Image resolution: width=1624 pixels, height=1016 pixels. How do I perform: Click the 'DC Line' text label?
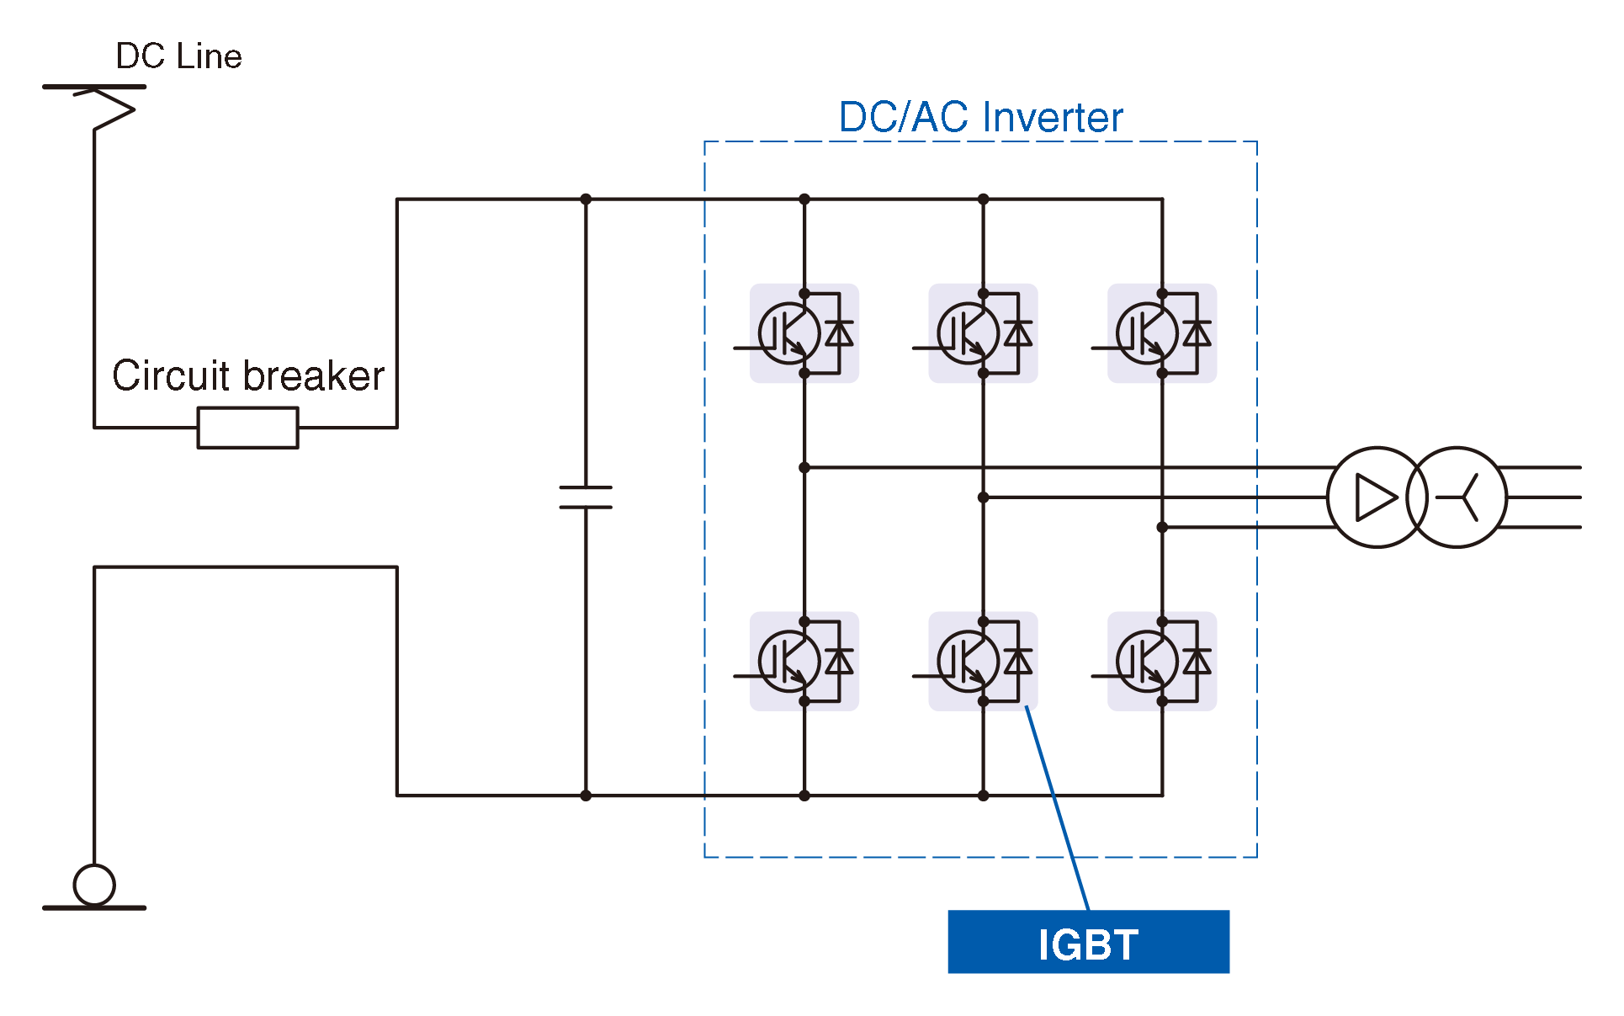178,56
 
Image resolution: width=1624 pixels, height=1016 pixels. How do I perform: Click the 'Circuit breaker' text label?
248,375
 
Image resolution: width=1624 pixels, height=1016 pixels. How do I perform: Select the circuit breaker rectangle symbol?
247,428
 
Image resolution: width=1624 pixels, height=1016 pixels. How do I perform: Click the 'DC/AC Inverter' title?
980,117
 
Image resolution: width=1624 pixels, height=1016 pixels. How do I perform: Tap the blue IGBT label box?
1088,942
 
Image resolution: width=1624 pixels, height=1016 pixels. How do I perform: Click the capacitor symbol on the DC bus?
586,497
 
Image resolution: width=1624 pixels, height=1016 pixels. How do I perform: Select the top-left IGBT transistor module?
804,333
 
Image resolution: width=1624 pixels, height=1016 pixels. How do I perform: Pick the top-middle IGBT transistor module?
983,333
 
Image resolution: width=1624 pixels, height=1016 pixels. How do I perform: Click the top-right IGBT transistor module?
1161,333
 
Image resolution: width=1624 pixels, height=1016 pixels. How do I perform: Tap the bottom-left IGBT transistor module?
804,662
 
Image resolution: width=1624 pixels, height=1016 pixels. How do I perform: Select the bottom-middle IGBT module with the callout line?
983,662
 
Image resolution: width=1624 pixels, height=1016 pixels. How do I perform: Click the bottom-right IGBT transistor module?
1161,662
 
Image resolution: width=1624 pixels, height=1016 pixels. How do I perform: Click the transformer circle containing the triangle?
1376,497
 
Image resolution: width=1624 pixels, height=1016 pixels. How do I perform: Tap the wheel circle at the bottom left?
94,885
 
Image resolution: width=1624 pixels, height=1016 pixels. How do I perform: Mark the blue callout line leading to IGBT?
1058,808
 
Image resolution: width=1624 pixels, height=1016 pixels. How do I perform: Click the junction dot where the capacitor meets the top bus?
586,199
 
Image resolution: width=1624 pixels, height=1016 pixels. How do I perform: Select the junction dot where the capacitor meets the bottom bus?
586,795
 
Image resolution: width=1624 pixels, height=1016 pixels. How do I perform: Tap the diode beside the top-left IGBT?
839,333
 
